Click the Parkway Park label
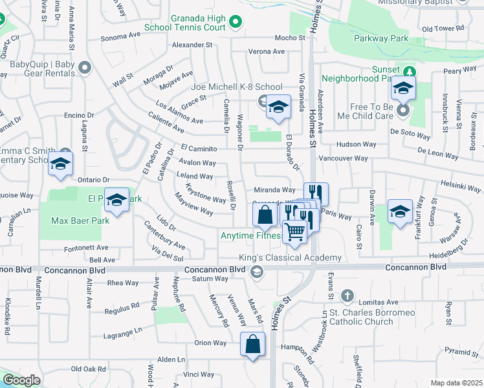[380, 39]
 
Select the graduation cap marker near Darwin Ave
[400, 211]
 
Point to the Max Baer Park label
[80, 221]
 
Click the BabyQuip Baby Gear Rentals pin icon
[83, 67]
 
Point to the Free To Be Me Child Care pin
[403, 111]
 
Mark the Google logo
[21, 380]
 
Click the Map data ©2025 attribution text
[456, 383]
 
